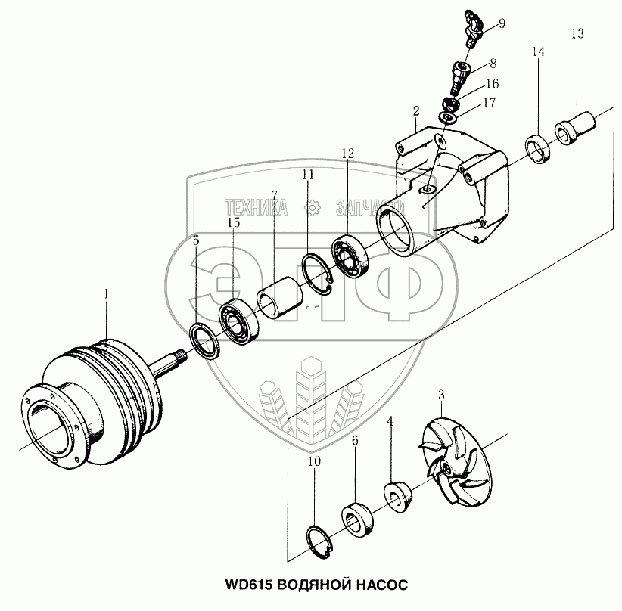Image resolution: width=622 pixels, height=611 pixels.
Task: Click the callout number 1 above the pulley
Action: [x=107, y=293]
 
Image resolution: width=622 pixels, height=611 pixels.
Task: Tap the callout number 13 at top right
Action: [x=577, y=33]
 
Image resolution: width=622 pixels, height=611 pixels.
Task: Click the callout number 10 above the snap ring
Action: [x=313, y=461]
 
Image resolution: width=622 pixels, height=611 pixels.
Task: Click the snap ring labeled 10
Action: [x=325, y=541]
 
